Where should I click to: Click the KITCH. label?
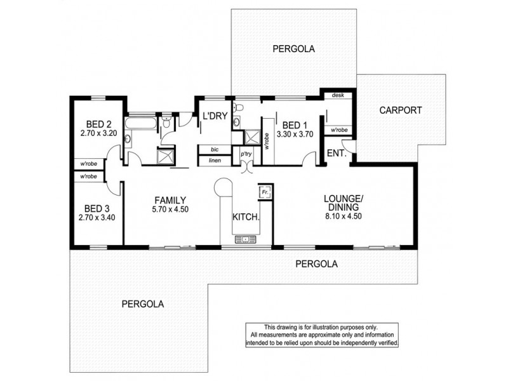tap(246, 217)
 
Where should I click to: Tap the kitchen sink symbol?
tap(244, 239)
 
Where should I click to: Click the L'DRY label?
tap(215, 116)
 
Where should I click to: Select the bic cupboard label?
tap(214, 150)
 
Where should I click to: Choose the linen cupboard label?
tap(214, 161)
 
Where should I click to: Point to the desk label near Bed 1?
tap(337, 96)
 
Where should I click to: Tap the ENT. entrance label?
tap(335, 153)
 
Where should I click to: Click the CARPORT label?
tap(401, 110)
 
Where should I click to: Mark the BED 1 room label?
tap(295, 124)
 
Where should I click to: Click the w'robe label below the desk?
tap(338, 130)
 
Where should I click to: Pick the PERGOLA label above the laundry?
tap(293, 48)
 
